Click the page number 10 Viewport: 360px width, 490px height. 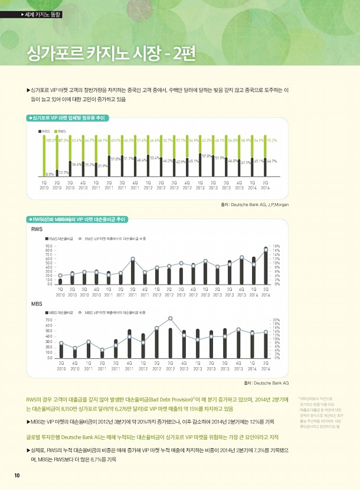click(x=17, y=476)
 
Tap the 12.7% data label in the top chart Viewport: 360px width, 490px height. click(x=63, y=172)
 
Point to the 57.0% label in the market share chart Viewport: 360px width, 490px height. click(x=206, y=155)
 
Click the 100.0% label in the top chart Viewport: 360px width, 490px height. click(x=50, y=140)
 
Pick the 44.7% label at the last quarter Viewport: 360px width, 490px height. click(x=272, y=161)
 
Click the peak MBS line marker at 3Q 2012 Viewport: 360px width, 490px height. click(x=170, y=318)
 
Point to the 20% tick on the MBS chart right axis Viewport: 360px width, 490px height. click(x=276, y=320)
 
